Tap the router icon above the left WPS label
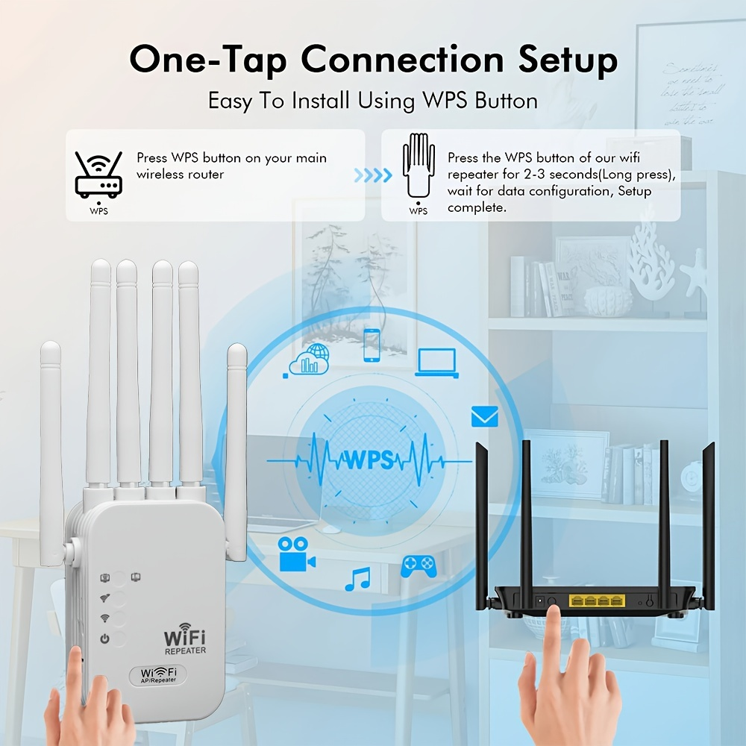pos(98,175)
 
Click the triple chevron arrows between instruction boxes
pos(373,175)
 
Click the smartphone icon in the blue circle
pos(372,345)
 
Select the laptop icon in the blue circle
pos(436,362)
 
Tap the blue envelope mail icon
pos(484,416)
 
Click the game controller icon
pos(419,566)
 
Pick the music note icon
pos(357,579)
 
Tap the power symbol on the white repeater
pos(105,639)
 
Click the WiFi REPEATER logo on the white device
pos(184,641)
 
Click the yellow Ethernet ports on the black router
pos(596,601)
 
